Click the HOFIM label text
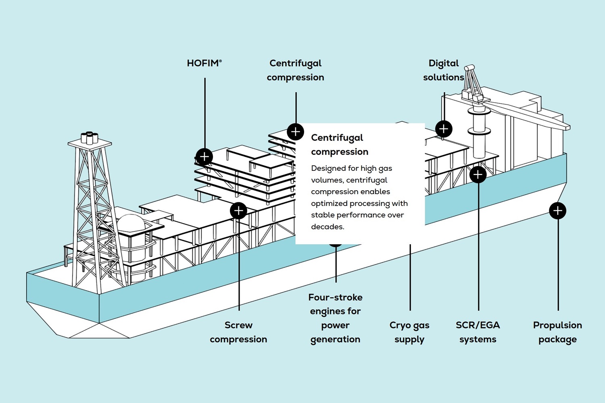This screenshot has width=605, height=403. pos(204,63)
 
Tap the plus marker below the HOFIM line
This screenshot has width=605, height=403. pos(204,156)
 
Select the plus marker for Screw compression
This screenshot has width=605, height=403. pos(238,210)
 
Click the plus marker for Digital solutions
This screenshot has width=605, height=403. pos(444,129)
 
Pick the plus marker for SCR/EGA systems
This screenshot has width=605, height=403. pos(478,174)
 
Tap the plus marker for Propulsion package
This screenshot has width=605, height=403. pos(557,210)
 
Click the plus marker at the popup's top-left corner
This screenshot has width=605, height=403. pos(296,132)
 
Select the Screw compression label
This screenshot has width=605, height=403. pos(238,332)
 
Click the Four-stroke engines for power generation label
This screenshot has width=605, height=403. pos(335,318)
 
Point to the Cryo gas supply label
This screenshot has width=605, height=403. pos(409,332)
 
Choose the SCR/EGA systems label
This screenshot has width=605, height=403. pos(478,332)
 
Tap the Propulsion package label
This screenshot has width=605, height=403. pos(557,332)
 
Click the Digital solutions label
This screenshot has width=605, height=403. pos(443,70)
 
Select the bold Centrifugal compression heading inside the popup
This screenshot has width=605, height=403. pos(339,145)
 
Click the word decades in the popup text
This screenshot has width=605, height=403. pos(327,227)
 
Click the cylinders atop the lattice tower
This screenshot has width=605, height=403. pos(90,138)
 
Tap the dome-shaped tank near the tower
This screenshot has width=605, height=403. pos(131,223)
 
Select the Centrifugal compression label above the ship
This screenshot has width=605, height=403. pos(295,70)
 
